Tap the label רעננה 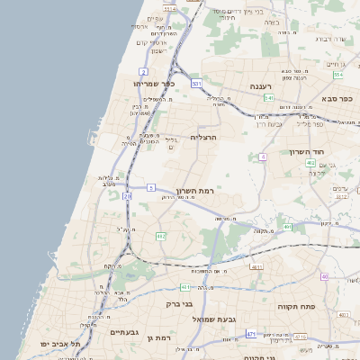(267, 86)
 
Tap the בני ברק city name (180, 303)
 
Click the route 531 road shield (197, 83)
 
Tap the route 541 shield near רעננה (269, 97)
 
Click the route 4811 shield (256, 267)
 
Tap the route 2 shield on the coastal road (144, 70)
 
